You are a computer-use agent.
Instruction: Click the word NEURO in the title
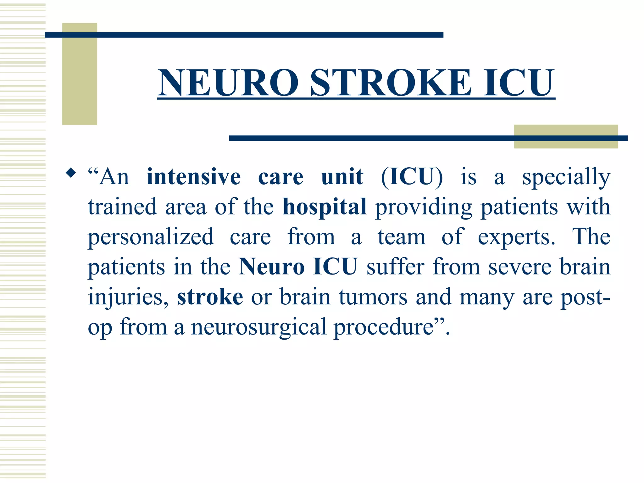229,83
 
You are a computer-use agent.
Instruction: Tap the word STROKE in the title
391,83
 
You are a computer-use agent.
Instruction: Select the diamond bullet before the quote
71,173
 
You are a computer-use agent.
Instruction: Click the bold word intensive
194,177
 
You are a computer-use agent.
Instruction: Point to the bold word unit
342,177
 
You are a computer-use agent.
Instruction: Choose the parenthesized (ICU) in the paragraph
412,177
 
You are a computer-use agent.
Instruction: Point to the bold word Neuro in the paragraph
271,267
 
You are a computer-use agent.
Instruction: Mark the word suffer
395,267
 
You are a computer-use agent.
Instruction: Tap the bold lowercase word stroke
210,297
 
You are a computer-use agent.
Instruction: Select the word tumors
373,297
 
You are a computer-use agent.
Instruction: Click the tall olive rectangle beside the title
80,74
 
